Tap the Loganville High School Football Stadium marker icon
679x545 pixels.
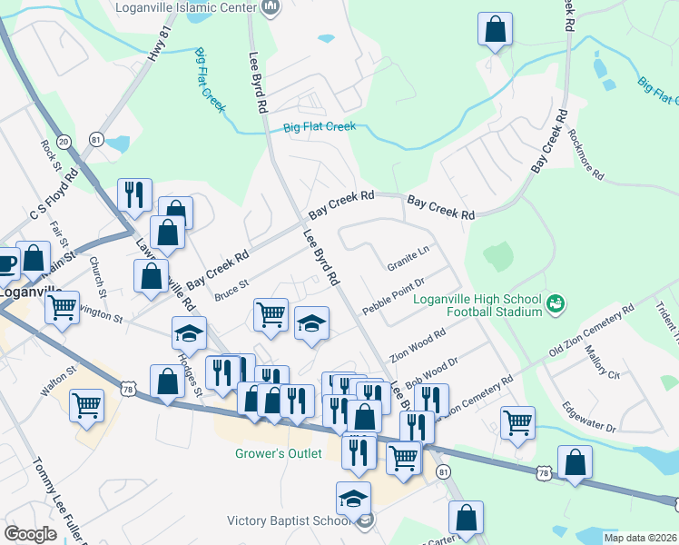pyautogui.click(x=556, y=302)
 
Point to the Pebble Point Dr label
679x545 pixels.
pyautogui.click(x=393, y=297)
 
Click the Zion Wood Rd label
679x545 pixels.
pyautogui.click(x=418, y=345)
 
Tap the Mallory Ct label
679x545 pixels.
pyautogui.click(x=602, y=362)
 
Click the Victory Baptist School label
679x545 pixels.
pyautogui.click(x=288, y=520)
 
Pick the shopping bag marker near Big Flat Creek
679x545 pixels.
pyautogui.click(x=496, y=31)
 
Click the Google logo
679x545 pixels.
pyautogui.click(x=30, y=533)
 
